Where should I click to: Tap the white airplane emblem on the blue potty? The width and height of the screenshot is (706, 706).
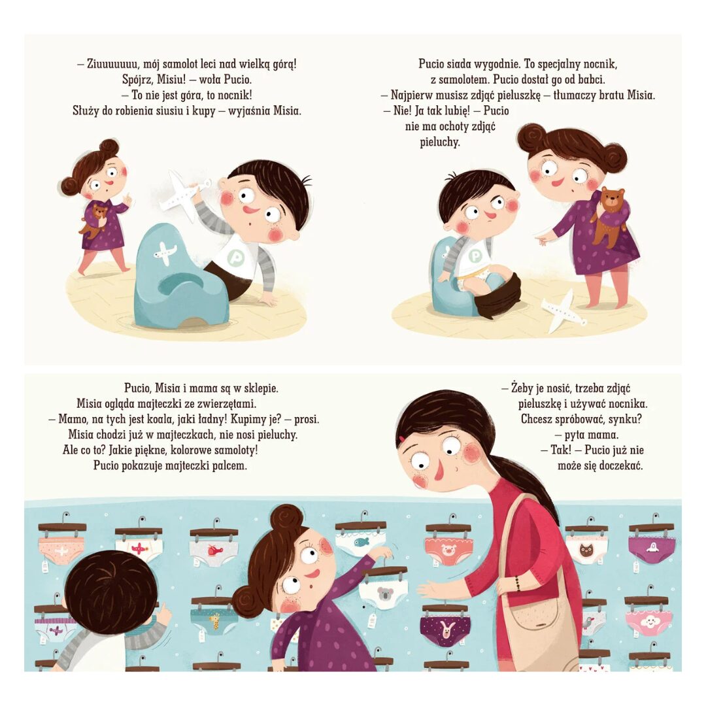pos(164,252)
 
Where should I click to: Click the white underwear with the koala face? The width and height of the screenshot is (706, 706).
pos(384,594)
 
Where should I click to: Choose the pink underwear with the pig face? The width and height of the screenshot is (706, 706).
pos(448,550)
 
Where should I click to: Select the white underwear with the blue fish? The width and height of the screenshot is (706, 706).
pos(360,542)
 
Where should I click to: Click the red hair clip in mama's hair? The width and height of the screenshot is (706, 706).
pos(401,439)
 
